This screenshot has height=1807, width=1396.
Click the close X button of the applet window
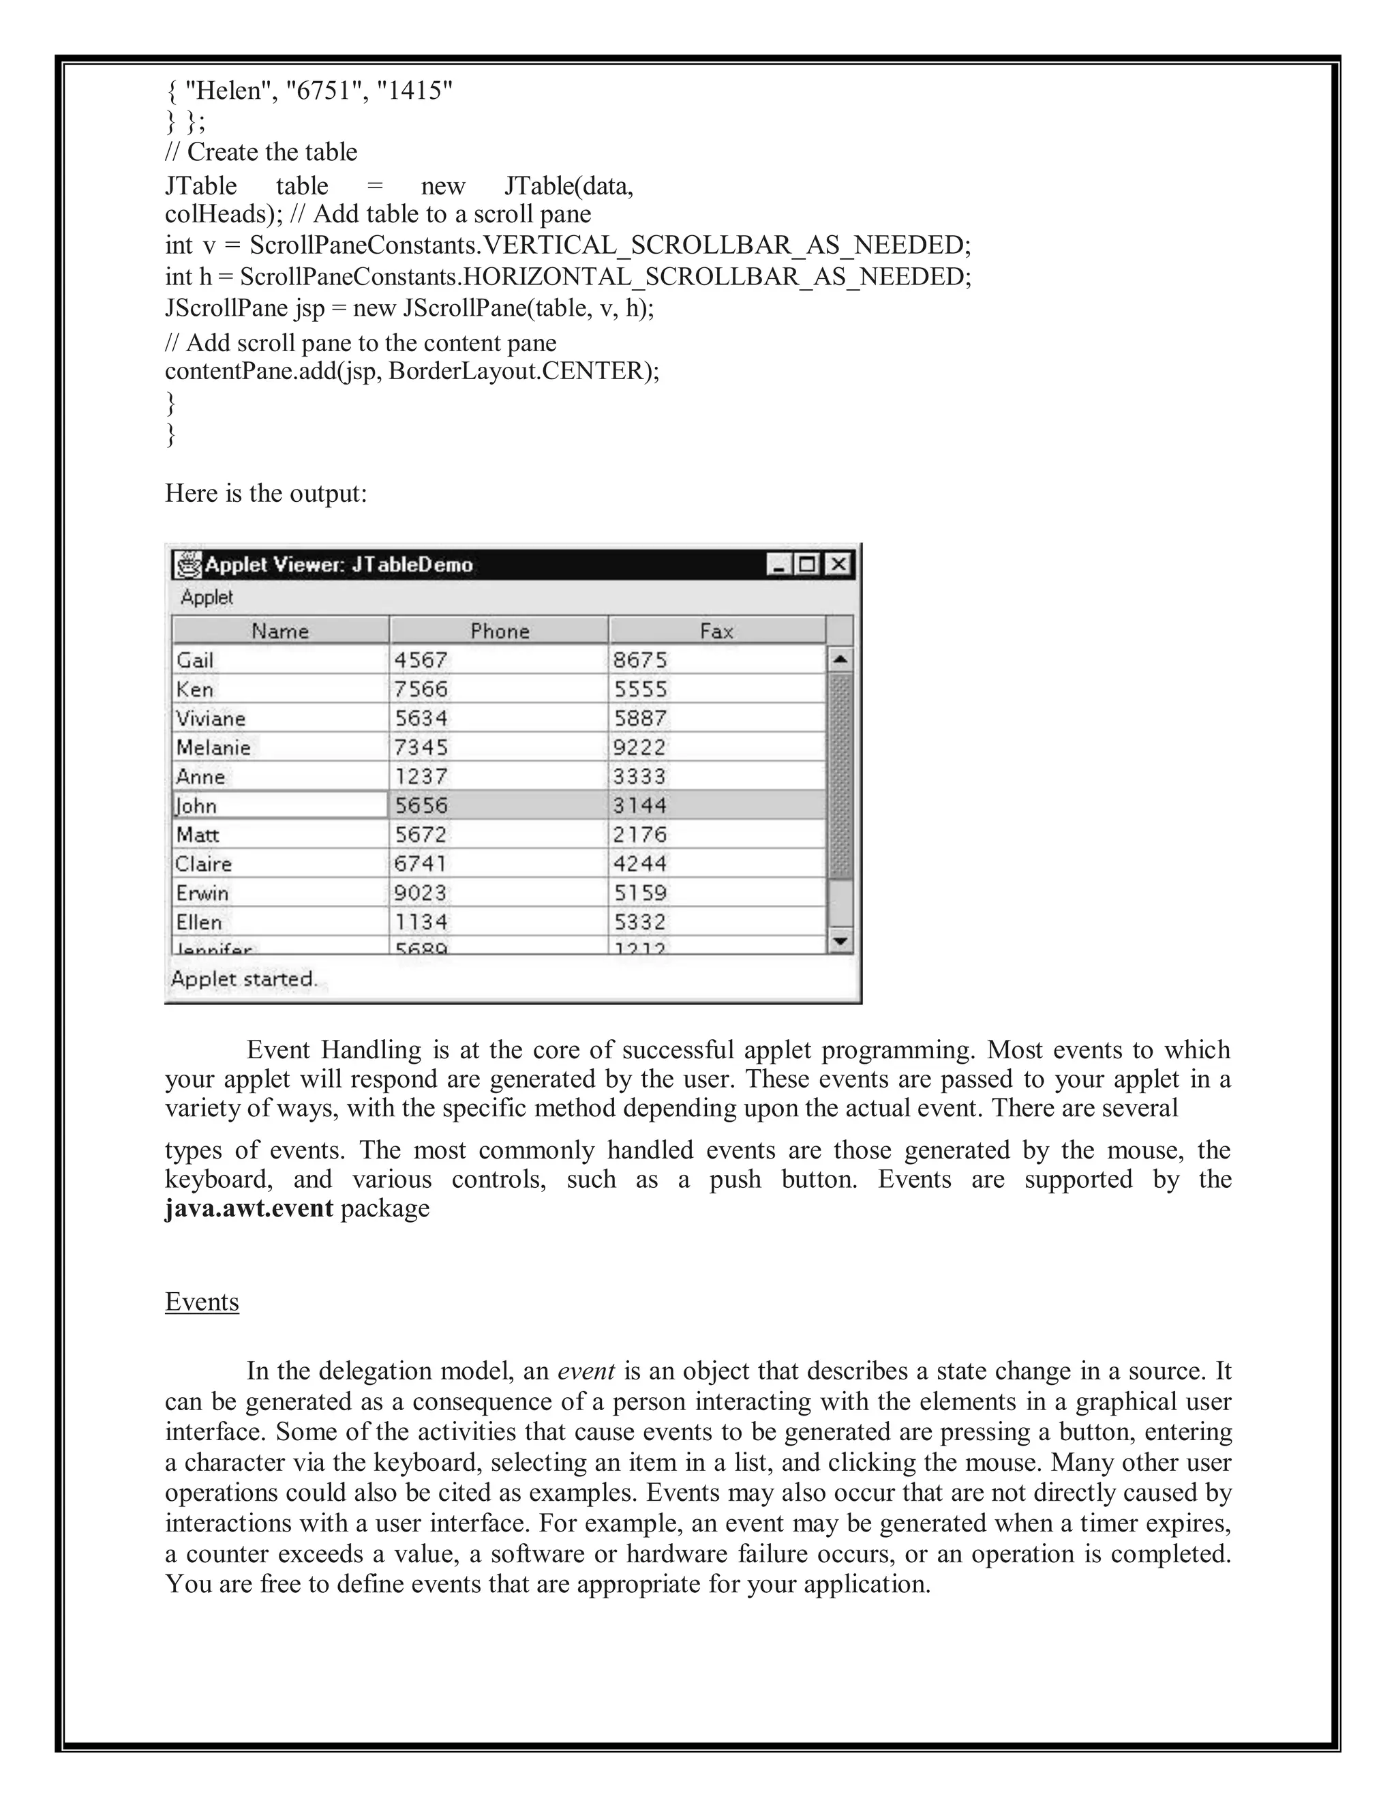pyautogui.click(x=838, y=565)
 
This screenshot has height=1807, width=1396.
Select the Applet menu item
pyautogui.click(x=207, y=597)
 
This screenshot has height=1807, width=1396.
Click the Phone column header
pyautogui.click(x=499, y=631)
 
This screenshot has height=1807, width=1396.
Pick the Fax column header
pyautogui.click(x=716, y=631)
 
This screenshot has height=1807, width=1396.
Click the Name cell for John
pyautogui.click(x=279, y=805)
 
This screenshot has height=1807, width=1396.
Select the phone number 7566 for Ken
pyautogui.click(x=421, y=689)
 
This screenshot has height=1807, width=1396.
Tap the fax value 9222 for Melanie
pyautogui.click(x=639, y=747)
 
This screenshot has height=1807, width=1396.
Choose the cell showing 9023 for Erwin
pyautogui.click(x=421, y=893)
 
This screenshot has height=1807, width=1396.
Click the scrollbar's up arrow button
pyautogui.click(x=840, y=659)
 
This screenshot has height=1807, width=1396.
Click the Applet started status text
pyautogui.click(x=244, y=979)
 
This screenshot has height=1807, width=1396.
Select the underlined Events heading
pyautogui.click(x=202, y=1302)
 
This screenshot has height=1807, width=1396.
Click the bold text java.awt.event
pyautogui.click(x=249, y=1208)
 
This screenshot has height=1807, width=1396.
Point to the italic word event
pyautogui.click(x=586, y=1371)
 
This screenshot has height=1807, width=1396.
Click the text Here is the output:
pyautogui.click(x=265, y=493)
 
